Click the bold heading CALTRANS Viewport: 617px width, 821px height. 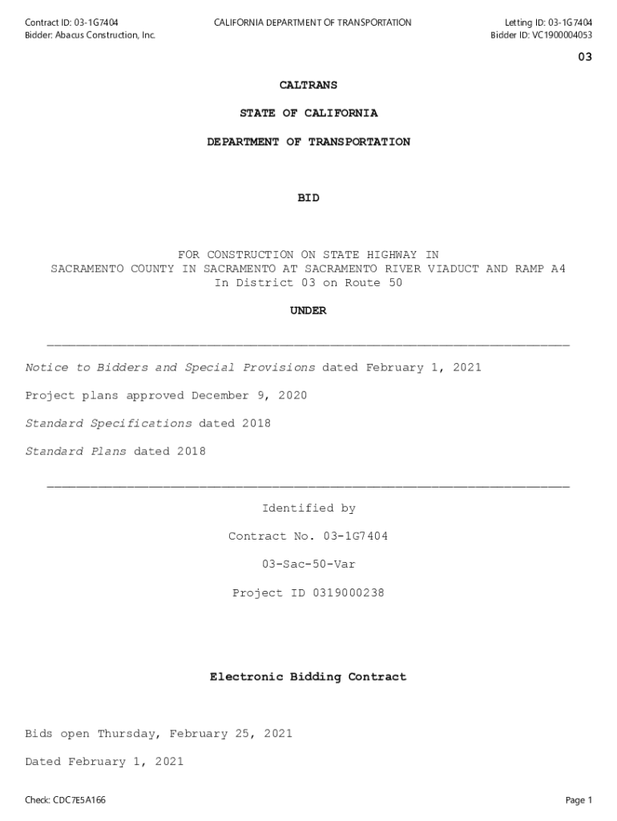point(308,84)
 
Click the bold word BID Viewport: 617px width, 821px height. point(308,197)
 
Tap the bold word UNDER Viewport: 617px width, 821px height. point(308,310)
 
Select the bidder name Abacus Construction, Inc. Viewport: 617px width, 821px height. point(105,35)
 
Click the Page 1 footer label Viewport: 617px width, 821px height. point(579,800)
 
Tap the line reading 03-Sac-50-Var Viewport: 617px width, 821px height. point(308,564)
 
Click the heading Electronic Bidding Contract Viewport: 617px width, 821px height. point(308,677)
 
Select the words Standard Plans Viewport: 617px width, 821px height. point(76,451)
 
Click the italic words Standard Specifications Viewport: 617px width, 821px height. point(109,423)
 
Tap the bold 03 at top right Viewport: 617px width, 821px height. point(585,58)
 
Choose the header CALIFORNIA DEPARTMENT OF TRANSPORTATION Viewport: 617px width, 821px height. point(313,22)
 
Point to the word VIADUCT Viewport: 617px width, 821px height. point(454,269)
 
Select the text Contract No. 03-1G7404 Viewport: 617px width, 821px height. point(308,536)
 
